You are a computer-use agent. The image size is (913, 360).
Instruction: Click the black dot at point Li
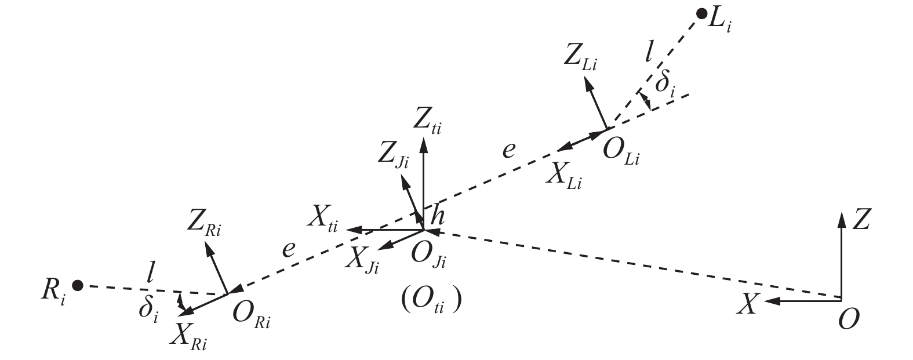point(701,14)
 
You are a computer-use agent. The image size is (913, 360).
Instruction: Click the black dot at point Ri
point(78,285)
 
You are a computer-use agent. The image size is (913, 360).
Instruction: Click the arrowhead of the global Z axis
point(841,220)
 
